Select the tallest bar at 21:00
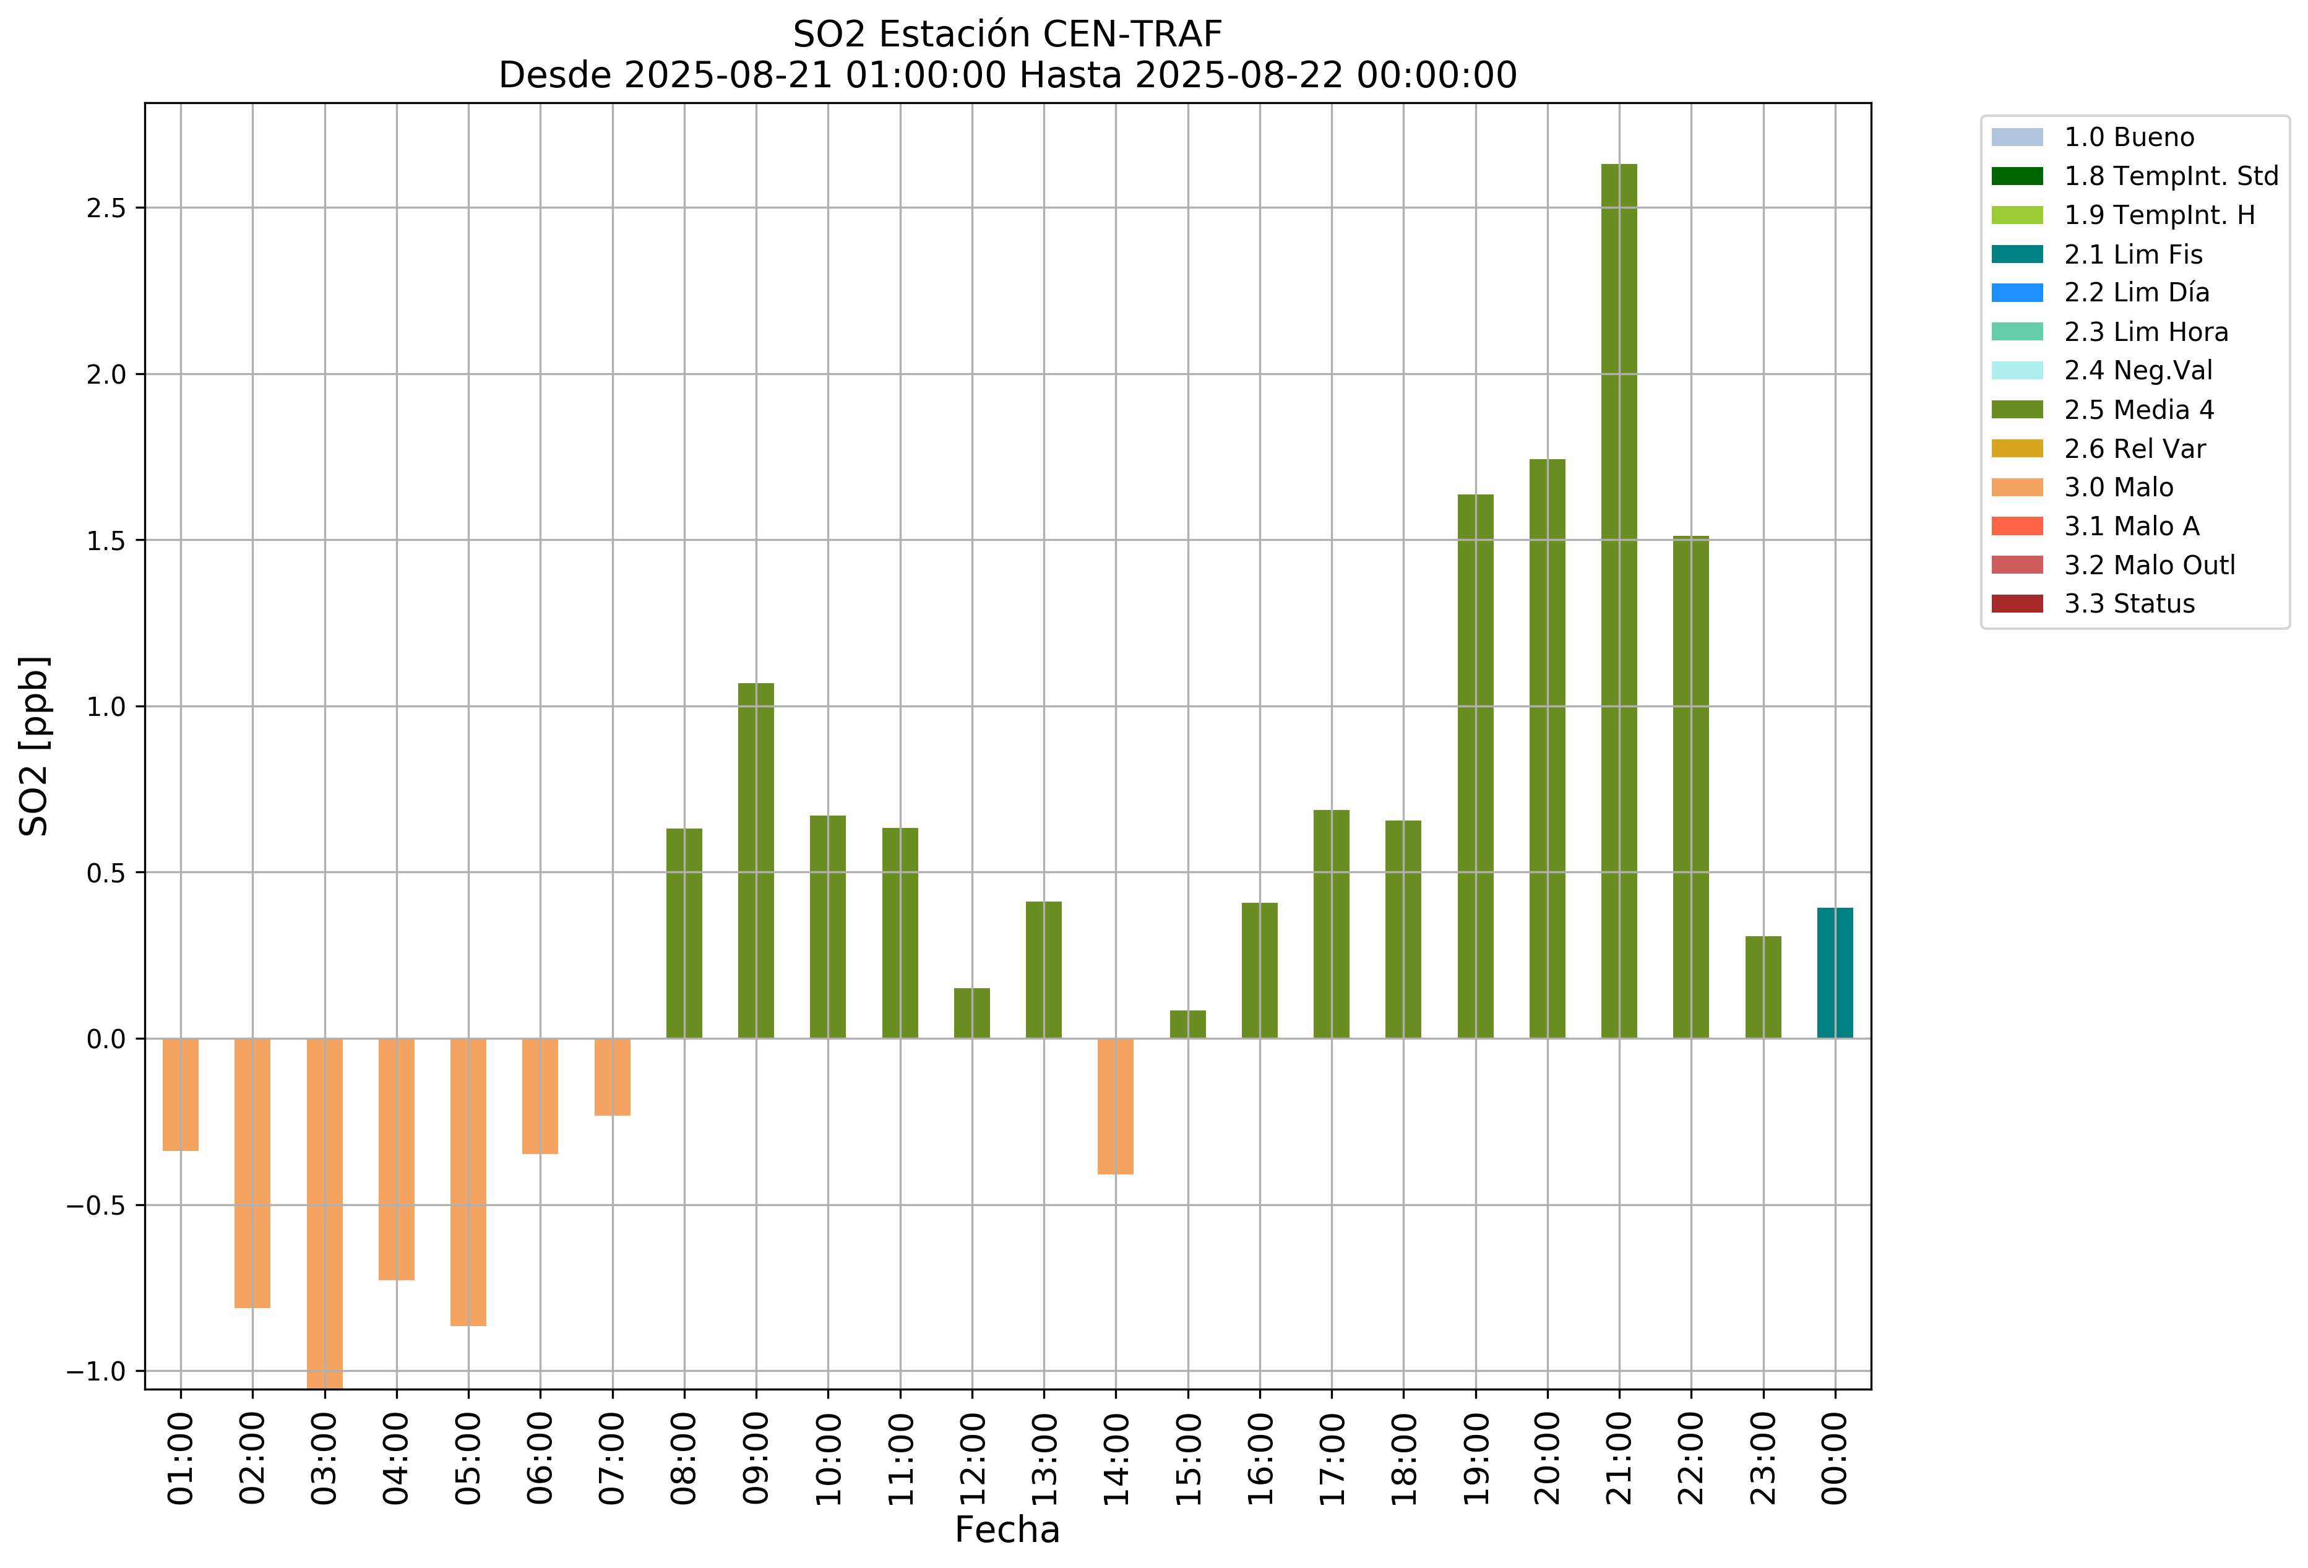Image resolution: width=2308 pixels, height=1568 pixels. [1619, 601]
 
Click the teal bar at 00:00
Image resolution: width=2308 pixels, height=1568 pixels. [1834, 973]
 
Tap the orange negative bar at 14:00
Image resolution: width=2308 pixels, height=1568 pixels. [1115, 1106]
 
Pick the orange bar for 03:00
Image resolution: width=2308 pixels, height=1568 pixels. [325, 1212]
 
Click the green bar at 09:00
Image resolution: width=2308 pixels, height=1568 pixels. [756, 861]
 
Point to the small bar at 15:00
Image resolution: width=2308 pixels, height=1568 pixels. [1188, 1025]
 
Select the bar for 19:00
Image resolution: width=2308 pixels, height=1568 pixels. [1475, 767]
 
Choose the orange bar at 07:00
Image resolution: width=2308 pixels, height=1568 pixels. [613, 1077]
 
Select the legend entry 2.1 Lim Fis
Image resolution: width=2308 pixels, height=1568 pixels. [2134, 255]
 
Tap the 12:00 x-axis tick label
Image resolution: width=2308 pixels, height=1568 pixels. [972, 1458]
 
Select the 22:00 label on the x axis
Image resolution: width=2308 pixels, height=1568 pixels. [1691, 1458]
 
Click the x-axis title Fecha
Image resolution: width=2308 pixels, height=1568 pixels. [1007, 1530]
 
